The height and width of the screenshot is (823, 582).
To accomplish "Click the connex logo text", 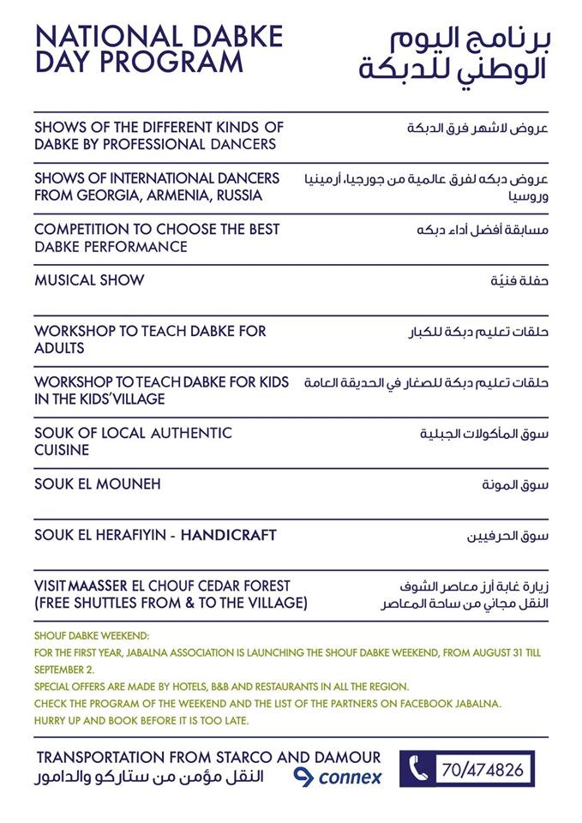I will click(x=350, y=778).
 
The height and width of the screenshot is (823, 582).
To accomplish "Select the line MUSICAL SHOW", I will click(x=89, y=280).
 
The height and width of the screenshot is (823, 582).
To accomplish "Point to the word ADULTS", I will click(x=59, y=348).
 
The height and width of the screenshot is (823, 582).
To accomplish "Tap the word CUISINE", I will click(x=62, y=450).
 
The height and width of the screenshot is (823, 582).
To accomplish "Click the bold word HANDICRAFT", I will click(x=229, y=535).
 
